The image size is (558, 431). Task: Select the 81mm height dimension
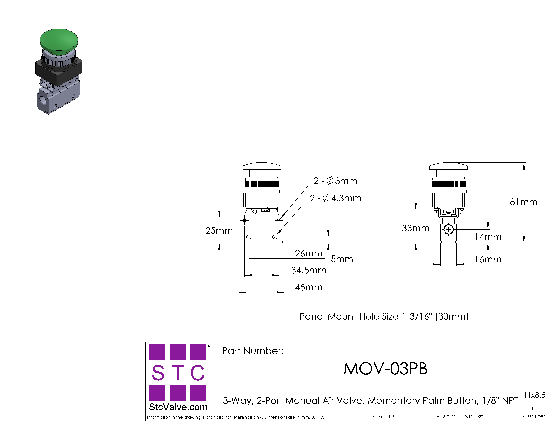pos(524,202)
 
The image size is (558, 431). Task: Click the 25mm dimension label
pos(219,231)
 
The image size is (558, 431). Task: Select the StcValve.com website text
pos(178,407)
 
